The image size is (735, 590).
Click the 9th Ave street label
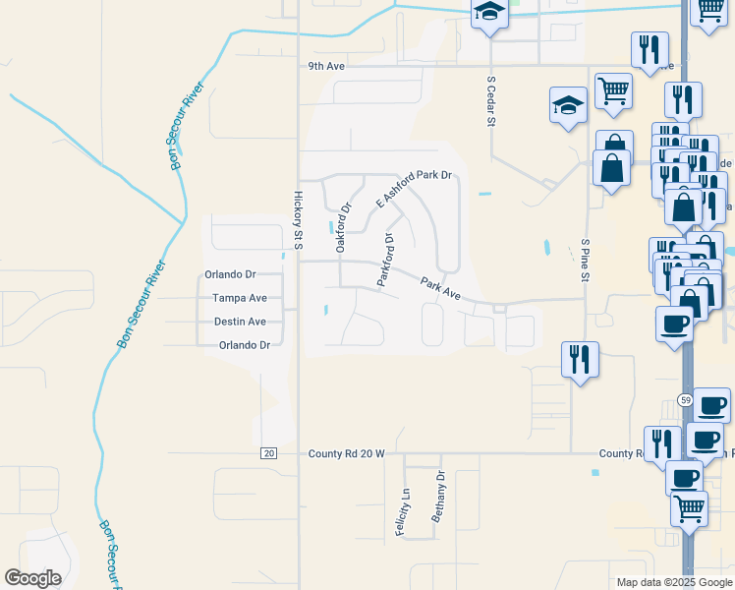[x=326, y=66]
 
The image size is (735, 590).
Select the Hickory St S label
[x=297, y=220]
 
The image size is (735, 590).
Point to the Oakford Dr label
[x=343, y=228]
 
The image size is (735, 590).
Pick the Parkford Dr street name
[x=387, y=260]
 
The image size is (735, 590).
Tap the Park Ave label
[x=440, y=287]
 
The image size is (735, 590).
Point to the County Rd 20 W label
[x=346, y=454]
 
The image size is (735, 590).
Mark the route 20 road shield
[x=268, y=453]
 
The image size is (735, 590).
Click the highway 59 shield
[x=685, y=399]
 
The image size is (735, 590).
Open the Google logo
[x=33, y=578]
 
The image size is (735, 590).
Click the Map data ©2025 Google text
[x=674, y=582]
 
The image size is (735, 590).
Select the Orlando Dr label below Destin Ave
[x=244, y=345]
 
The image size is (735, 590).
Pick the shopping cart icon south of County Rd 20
[x=690, y=508]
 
